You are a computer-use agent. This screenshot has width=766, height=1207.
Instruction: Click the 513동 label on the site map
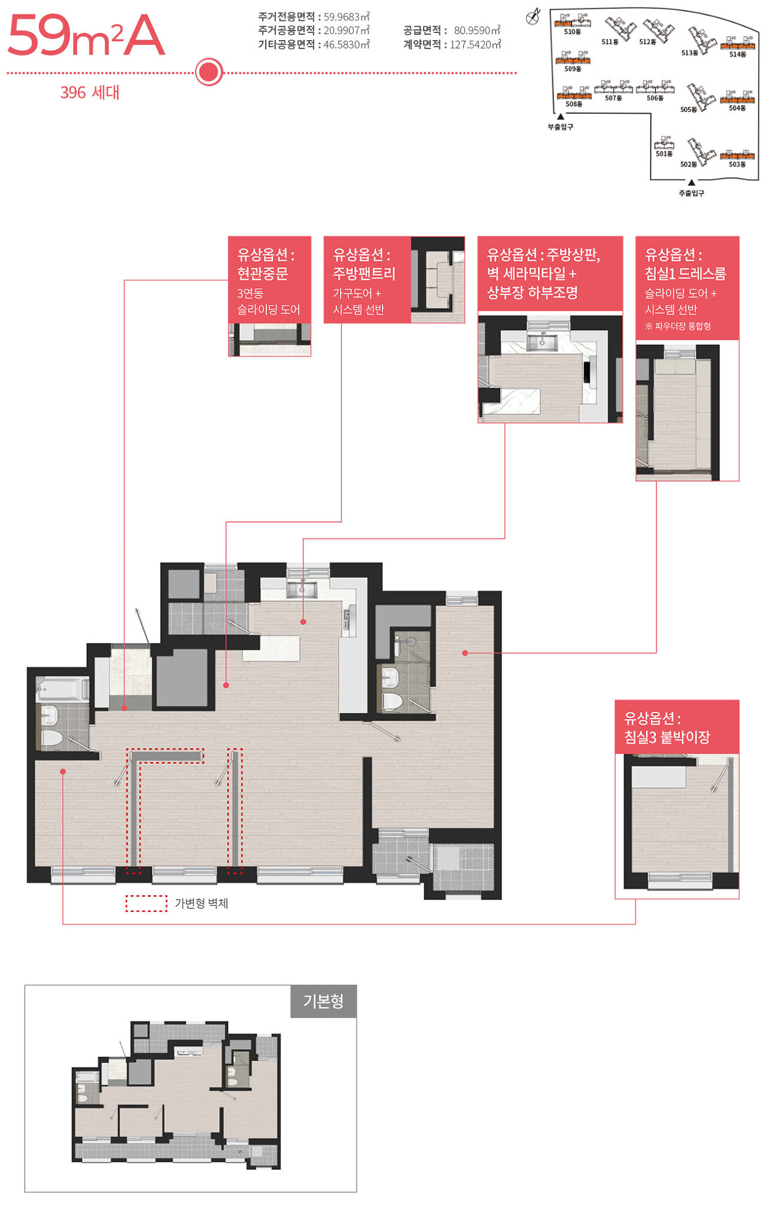[689, 53]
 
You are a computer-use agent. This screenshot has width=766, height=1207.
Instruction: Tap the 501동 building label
[664, 154]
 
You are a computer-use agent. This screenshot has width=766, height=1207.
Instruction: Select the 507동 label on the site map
[613, 98]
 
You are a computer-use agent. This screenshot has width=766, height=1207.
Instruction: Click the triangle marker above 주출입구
[691, 183]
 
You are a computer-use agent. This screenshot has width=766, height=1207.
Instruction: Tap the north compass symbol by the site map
[533, 17]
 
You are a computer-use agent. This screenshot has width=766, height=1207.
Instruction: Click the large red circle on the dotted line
[209, 72]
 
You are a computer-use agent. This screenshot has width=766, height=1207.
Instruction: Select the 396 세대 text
[90, 92]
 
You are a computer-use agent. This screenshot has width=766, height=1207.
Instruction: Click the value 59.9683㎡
[346, 17]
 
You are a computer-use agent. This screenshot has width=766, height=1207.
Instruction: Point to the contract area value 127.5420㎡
[475, 44]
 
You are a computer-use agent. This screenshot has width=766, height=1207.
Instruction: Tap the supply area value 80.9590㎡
[477, 30]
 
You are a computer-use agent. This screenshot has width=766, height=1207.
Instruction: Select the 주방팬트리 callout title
[364, 274]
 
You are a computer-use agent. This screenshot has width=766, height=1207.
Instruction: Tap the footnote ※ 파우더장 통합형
[678, 326]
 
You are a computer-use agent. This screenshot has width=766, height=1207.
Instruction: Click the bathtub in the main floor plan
[63, 689]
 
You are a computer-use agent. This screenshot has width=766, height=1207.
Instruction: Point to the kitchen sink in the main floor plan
[302, 590]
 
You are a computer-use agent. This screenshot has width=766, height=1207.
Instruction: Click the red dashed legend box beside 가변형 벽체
[146, 903]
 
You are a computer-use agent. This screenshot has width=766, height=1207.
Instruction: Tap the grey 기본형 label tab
[323, 1001]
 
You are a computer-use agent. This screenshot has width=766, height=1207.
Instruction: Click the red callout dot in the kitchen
[303, 622]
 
